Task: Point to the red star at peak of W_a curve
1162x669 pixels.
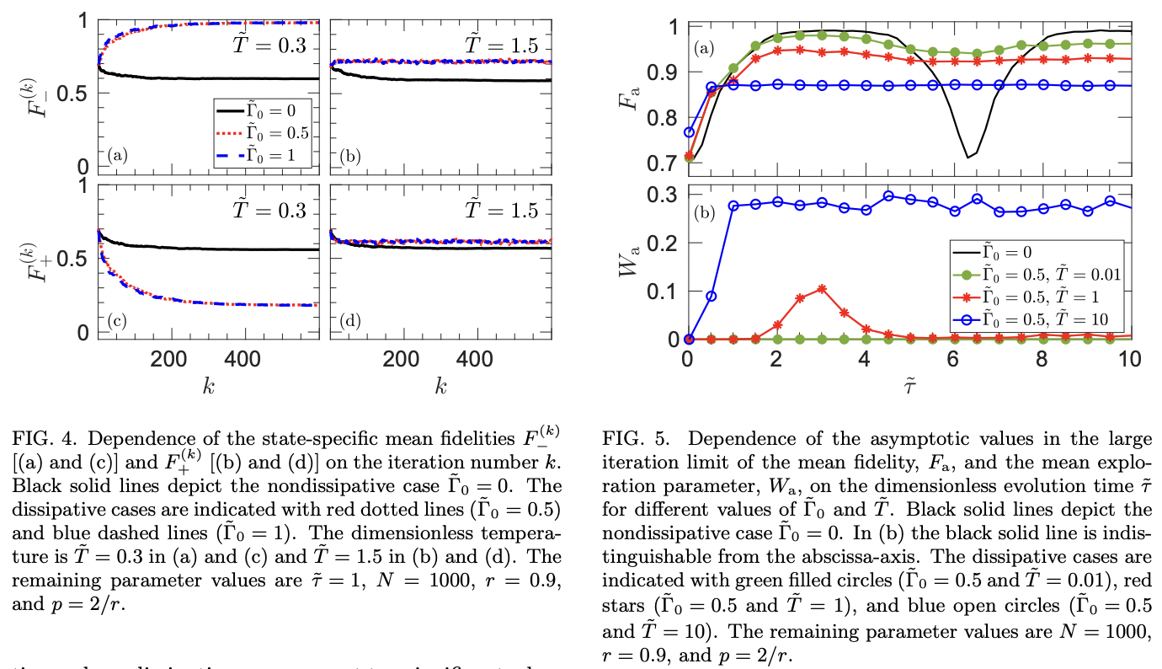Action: (x=822, y=289)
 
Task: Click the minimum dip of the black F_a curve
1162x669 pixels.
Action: (x=968, y=157)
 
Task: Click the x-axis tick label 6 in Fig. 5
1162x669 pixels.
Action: (x=953, y=357)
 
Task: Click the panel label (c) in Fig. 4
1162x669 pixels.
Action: (x=118, y=319)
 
